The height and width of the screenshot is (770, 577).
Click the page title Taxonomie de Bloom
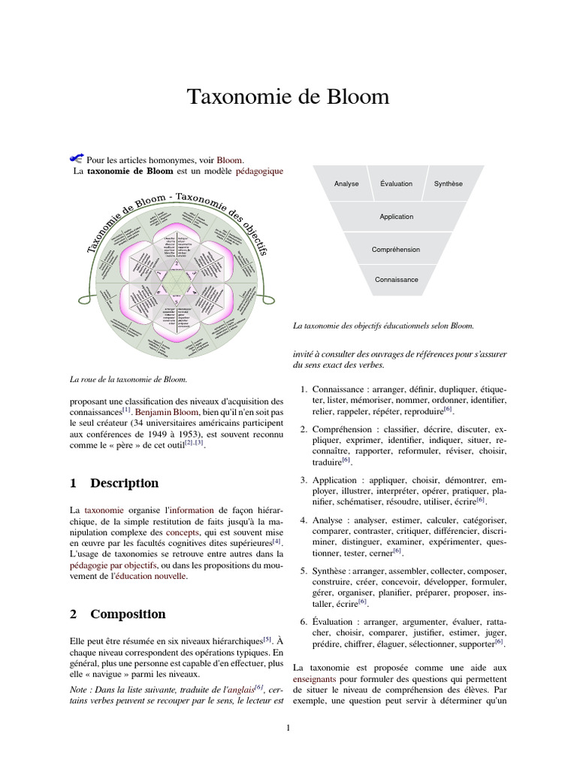pyautogui.click(x=288, y=97)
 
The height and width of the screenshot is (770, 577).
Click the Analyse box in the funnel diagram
pyautogui.click(x=346, y=184)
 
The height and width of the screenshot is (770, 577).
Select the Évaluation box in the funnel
pyautogui.click(x=396, y=184)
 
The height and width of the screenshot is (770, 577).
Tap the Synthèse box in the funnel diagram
pyautogui.click(x=449, y=184)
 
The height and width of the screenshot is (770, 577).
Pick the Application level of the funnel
pyautogui.click(x=396, y=217)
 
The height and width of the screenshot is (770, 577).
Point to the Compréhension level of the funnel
pyautogui.click(x=396, y=250)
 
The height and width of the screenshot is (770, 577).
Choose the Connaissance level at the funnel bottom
pyautogui.click(x=396, y=280)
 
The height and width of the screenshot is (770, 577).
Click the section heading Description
pyautogui.click(x=125, y=484)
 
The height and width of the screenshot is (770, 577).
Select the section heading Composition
pyautogui.click(x=128, y=614)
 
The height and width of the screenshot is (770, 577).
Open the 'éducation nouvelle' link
pyautogui.click(x=147, y=577)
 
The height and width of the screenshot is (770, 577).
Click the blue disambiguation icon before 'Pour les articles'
pyautogui.click(x=75, y=158)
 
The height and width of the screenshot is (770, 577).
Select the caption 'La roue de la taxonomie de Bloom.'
pyautogui.click(x=127, y=379)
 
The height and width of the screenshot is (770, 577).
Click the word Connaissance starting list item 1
pyautogui.click(x=337, y=389)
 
